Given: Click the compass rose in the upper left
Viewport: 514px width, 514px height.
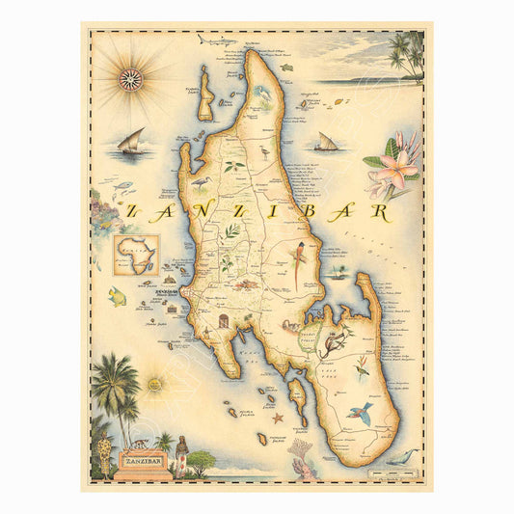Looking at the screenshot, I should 130,79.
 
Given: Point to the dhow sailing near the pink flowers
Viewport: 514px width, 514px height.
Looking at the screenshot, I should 327,143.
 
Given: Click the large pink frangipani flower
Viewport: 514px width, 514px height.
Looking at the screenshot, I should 398,170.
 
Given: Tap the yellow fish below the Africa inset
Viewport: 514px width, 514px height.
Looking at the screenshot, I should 119,295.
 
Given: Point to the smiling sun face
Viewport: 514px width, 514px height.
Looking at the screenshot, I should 155,384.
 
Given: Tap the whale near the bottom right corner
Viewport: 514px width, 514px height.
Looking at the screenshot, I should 403,456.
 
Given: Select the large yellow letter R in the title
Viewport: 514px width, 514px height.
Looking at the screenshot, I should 383,211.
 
